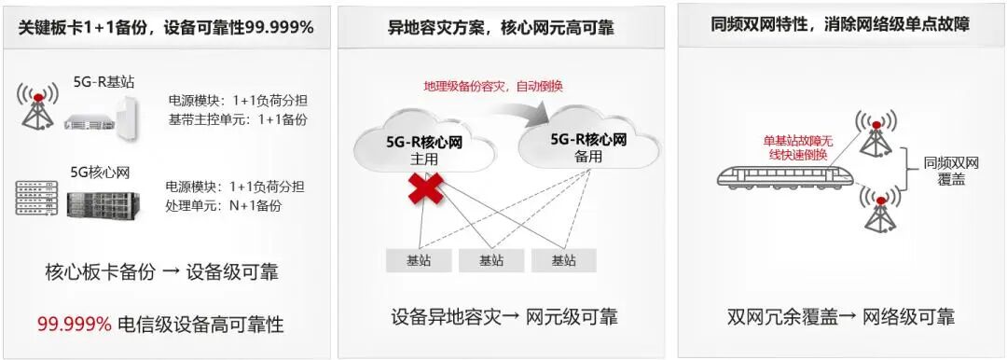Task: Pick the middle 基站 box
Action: (491, 260)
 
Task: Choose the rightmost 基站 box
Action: (563, 260)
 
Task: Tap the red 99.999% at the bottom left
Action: (74, 325)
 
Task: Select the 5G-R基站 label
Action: (104, 81)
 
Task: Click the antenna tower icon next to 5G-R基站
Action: (37, 107)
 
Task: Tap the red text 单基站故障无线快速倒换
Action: (795, 147)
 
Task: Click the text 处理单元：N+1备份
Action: (224, 205)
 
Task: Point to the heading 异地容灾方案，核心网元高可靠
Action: (501, 27)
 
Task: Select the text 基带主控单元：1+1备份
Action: (238, 119)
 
